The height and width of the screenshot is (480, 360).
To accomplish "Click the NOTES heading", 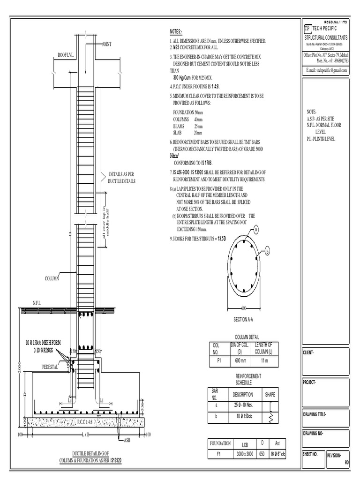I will click(176, 32).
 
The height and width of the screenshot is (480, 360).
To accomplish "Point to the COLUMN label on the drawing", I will click(52, 278).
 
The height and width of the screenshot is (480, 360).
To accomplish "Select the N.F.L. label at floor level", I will click(37, 304).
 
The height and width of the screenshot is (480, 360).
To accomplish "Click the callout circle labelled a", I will click(256, 229).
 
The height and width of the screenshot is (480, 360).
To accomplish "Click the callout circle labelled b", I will click(268, 252).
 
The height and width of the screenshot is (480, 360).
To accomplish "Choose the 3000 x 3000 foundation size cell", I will click(245, 454).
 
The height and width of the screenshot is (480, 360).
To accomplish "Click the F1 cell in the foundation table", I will click(220, 454).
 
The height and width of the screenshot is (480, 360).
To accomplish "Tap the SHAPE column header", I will click(271, 394).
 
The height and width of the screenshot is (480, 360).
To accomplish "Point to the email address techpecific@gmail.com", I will click(326, 70).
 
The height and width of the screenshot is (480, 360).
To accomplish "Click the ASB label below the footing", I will click(127, 441).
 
